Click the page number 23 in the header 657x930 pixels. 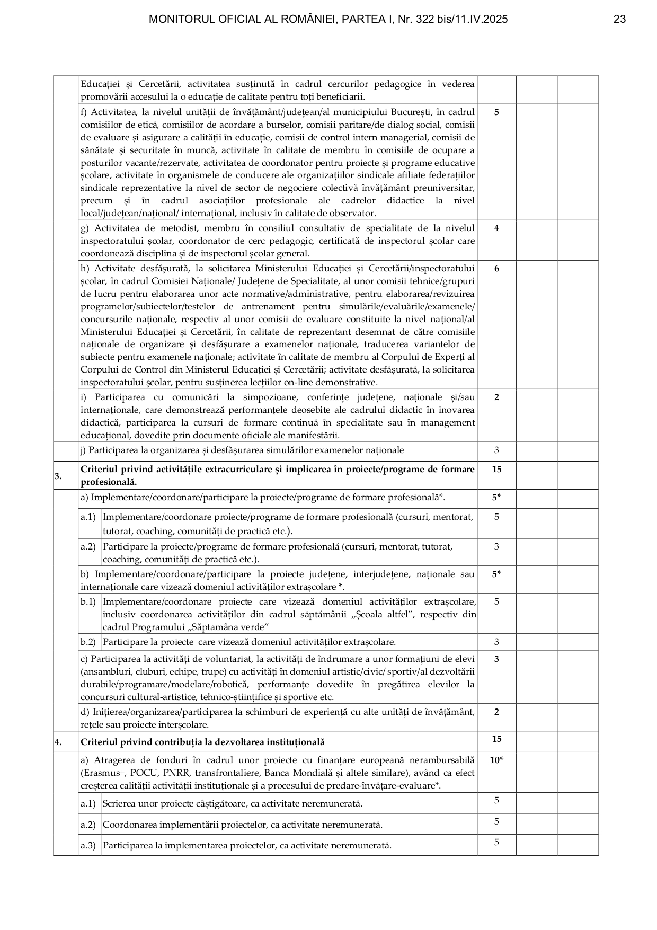[619, 20]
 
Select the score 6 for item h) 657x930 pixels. [496, 268]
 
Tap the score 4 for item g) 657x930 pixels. [496, 228]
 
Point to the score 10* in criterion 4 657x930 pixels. [496, 760]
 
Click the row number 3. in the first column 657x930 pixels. [58, 475]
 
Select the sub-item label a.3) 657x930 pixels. [88, 845]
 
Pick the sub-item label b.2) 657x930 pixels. [88, 642]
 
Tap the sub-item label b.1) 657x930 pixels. [88, 601]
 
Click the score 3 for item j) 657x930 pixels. [496, 450]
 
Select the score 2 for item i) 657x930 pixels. [496, 397]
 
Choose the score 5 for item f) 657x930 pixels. [496, 112]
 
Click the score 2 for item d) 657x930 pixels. [496, 712]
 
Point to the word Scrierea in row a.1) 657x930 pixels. [120, 803]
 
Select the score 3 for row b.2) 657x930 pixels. [496, 642]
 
